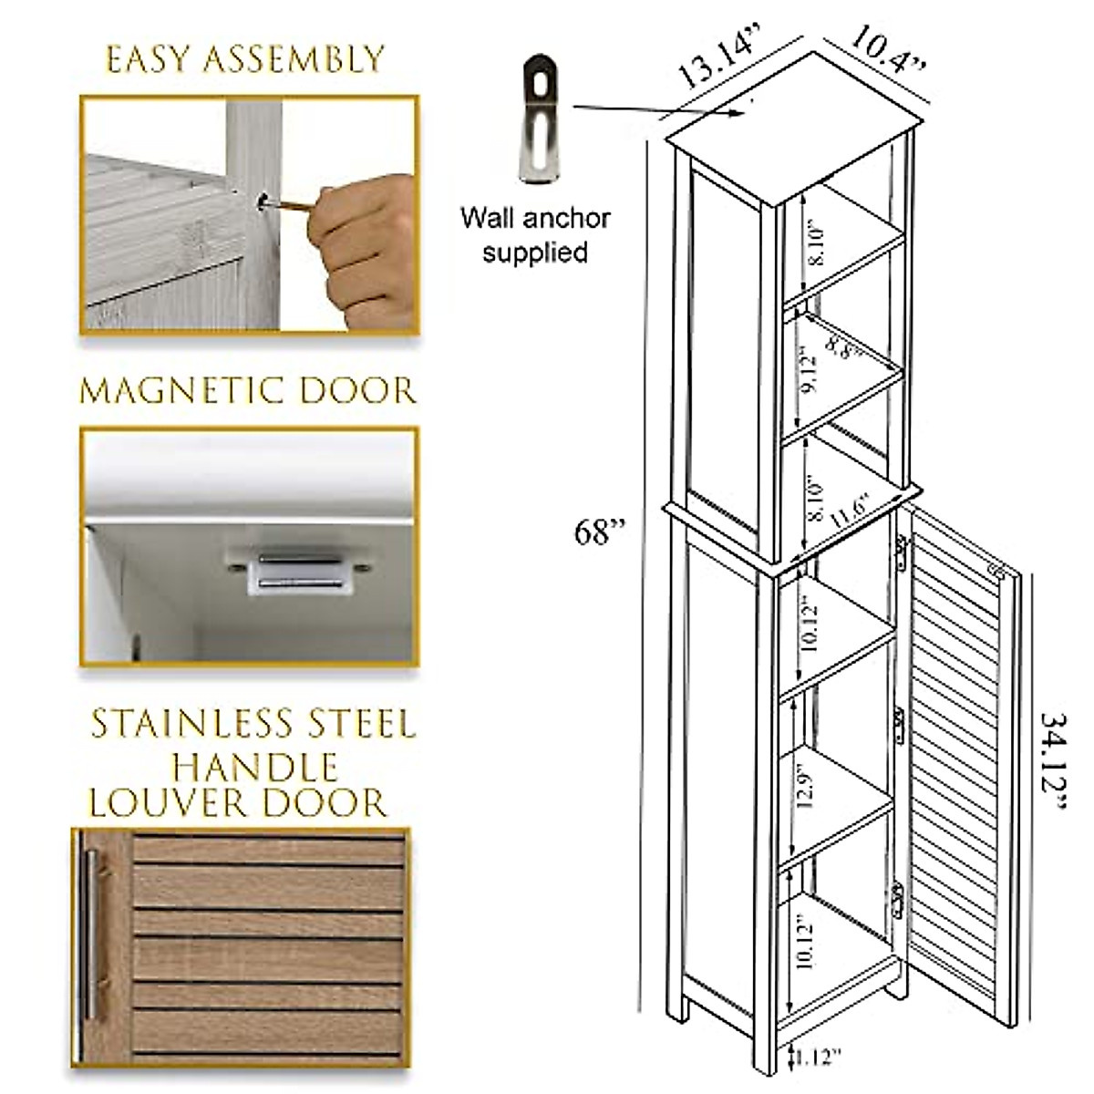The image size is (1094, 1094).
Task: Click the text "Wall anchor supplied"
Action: coord(534,234)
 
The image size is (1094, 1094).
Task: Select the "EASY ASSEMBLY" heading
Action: coord(245,59)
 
